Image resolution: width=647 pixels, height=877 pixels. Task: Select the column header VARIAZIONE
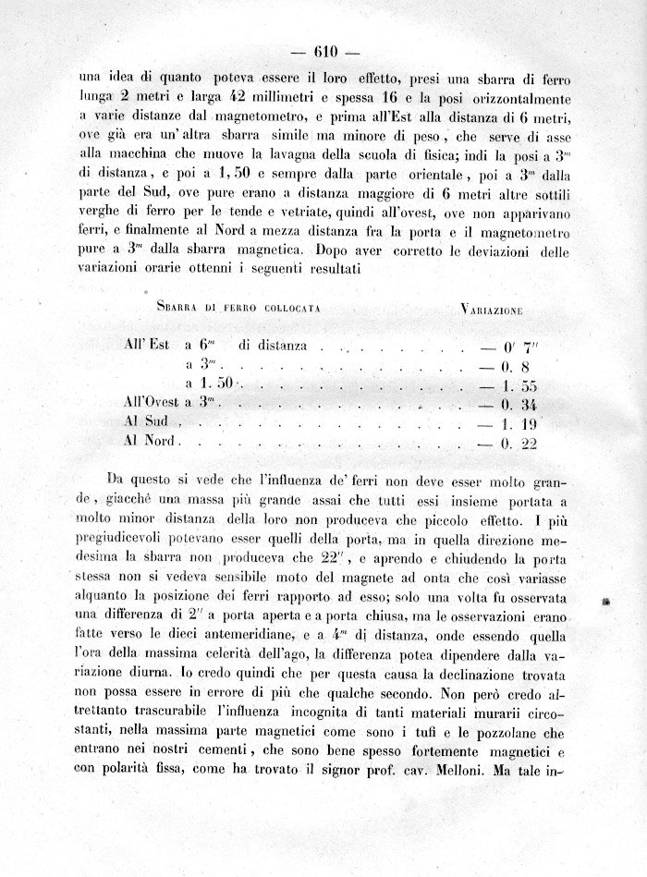pos(490,310)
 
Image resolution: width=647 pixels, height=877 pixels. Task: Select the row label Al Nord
pos(150,441)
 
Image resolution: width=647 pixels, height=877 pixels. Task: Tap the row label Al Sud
pos(146,421)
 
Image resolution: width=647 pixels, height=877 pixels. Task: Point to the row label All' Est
pos(146,346)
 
